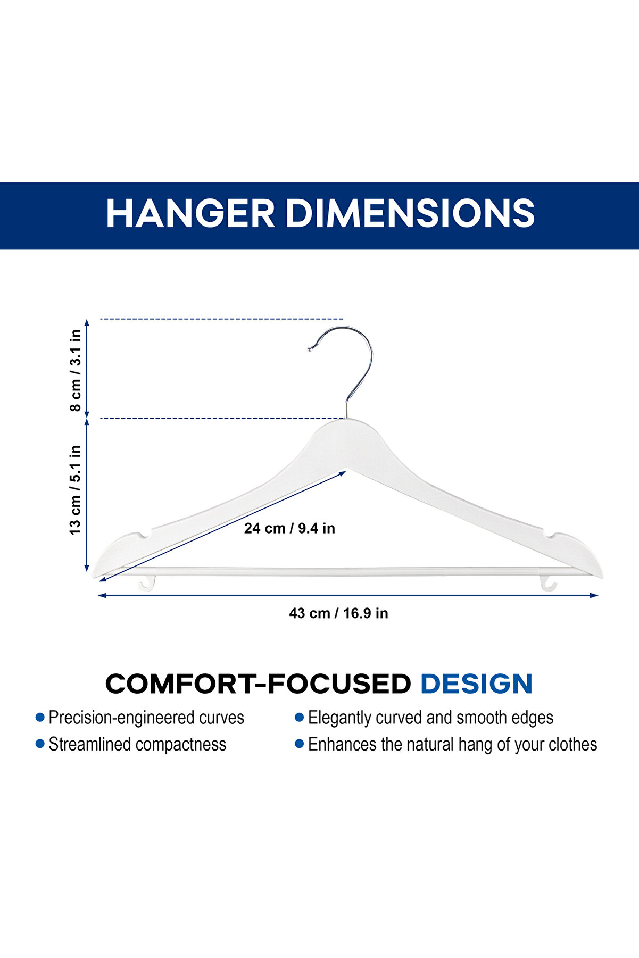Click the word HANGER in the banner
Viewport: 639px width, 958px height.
pyautogui.click(x=190, y=213)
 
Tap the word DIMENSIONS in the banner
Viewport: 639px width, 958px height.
pyautogui.click(x=410, y=213)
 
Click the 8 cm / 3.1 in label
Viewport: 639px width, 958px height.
pyautogui.click(x=76, y=370)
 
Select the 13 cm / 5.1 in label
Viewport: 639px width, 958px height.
pyautogui.click(x=76, y=490)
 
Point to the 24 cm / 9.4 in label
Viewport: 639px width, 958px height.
pyautogui.click(x=289, y=528)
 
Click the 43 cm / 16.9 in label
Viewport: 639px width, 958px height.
pyautogui.click(x=338, y=613)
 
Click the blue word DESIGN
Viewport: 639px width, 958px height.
pyautogui.click(x=476, y=684)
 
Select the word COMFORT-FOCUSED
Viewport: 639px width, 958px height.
pyautogui.click(x=258, y=684)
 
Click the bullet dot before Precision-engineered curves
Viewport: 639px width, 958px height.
pyautogui.click(x=40, y=718)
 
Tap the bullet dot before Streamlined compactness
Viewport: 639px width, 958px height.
pyautogui.click(x=40, y=744)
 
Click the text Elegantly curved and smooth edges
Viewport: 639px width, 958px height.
pyautogui.click(x=430, y=718)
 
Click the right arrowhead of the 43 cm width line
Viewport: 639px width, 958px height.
pyautogui.click(x=594, y=596)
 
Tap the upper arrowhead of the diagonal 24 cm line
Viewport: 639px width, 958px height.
pyautogui.click(x=342, y=473)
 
